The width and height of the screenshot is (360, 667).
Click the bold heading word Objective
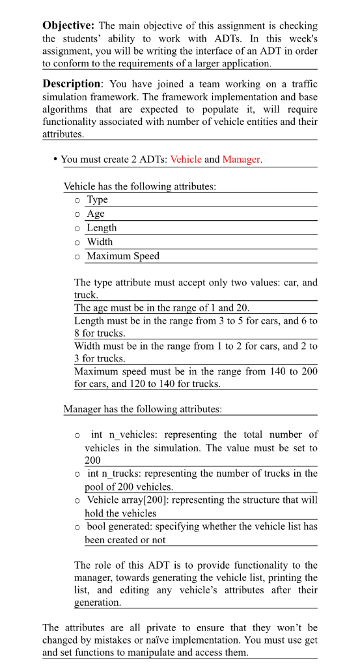click(69, 26)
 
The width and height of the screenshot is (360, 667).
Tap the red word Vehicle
click(186, 160)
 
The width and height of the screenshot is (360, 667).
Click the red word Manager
click(242, 160)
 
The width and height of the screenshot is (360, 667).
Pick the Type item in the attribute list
click(97, 200)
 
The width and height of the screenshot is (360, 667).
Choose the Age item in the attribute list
click(95, 214)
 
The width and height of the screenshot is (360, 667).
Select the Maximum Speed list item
click(123, 256)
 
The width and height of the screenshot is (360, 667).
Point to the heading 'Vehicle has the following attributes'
click(139, 186)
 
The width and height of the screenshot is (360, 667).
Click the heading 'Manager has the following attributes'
click(142, 410)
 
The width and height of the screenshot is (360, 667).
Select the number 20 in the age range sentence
click(241, 307)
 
